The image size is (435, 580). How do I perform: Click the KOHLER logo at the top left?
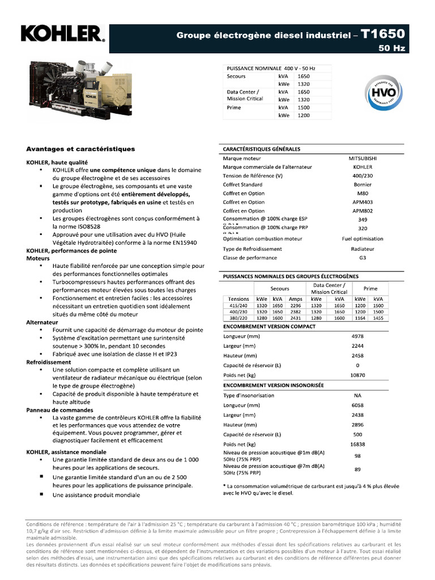[x=62, y=34]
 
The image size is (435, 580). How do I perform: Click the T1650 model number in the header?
[x=383, y=34]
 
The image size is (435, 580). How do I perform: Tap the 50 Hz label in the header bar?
[x=392, y=49]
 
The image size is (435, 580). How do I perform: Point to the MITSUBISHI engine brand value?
[x=362, y=159]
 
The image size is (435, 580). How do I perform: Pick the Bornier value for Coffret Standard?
[x=362, y=185]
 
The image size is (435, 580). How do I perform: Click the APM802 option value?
[x=362, y=211]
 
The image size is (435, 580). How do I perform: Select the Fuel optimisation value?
[x=362, y=238]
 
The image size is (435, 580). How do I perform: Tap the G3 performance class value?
[x=362, y=258]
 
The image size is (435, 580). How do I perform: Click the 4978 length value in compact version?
[x=357, y=336]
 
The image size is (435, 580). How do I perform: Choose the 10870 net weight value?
[x=357, y=375]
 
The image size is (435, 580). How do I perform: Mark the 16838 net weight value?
[x=357, y=444]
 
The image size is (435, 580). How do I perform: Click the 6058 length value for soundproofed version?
[x=357, y=405]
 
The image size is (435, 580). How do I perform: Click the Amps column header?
[x=296, y=299]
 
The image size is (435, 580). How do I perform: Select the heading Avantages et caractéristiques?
[x=80, y=149]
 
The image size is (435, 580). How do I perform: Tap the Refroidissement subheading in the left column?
[x=49, y=362]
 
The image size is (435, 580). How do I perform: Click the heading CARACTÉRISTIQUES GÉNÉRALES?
[x=261, y=149]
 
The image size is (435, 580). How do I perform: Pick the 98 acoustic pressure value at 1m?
[x=357, y=456]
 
